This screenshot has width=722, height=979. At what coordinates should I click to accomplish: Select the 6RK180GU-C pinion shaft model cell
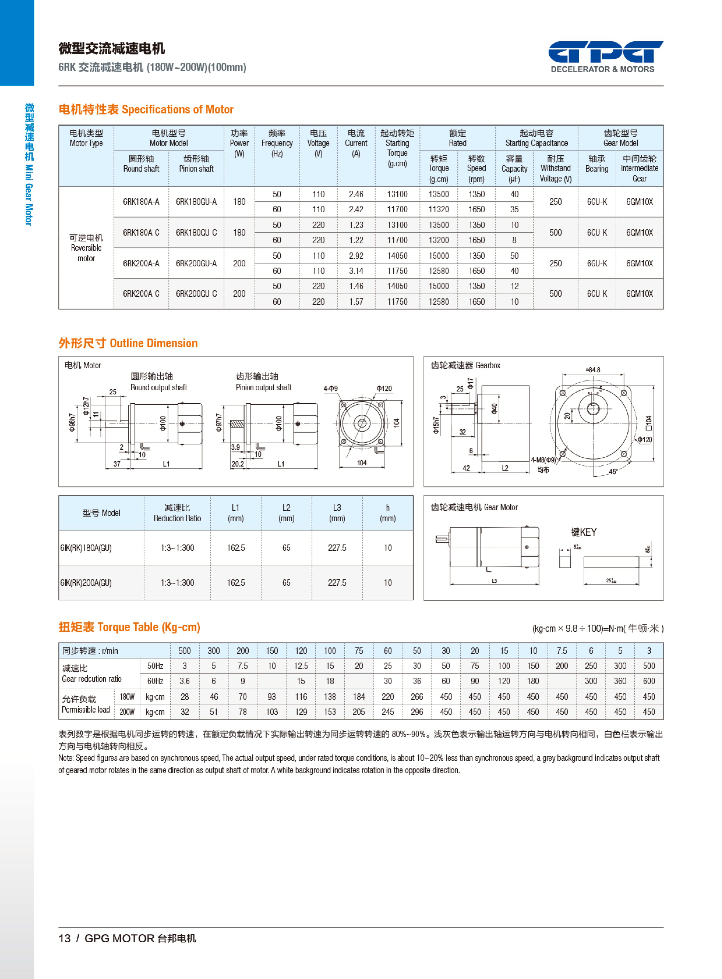click(196, 233)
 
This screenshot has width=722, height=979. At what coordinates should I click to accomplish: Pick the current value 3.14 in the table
click(356, 271)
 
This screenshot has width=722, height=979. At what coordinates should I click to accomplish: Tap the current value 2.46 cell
click(356, 194)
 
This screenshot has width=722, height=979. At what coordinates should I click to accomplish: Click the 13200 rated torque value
click(438, 240)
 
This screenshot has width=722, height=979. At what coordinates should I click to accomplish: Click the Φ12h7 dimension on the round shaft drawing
click(86, 406)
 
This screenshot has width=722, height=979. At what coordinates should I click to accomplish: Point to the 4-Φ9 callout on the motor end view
click(330, 389)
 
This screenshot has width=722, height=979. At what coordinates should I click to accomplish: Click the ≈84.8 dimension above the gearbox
click(593, 370)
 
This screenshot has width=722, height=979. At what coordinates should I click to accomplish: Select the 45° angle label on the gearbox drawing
click(613, 471)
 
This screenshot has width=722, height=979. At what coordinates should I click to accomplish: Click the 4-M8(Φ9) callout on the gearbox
click(543, 460)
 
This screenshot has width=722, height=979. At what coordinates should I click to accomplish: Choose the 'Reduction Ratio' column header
click(177, 513)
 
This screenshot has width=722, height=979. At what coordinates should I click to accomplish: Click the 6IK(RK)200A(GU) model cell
click(86, 583)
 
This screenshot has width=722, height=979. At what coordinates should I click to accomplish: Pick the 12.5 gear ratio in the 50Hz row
click(301, 666)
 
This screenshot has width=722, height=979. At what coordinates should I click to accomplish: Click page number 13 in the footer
click(64, 938)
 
